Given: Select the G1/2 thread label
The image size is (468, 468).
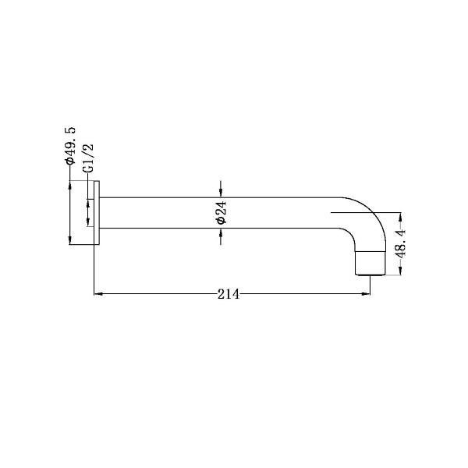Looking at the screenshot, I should pyautogui.click(x=88, y=158).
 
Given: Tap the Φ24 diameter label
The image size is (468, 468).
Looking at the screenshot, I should pyautogui.click(x=222, y=213).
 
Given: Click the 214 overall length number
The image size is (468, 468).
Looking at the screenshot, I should pyautogui.click(x=229, y=294).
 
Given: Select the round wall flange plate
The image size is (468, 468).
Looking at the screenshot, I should pyautogui.click(x=97, y=213).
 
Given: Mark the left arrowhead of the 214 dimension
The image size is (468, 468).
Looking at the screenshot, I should pyautogui.click(x=98, y=294).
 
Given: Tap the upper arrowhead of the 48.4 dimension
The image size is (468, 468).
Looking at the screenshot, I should pyautogui.click(x=400, y=216).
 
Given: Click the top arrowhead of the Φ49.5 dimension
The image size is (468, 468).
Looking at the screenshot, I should pyautogui.click(x=70, y=186).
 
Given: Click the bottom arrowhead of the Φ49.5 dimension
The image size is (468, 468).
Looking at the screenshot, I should pyautogui.click(x=70, y=239).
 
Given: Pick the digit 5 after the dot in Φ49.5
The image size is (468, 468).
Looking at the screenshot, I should pyautogui.click(x=69, y=128).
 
